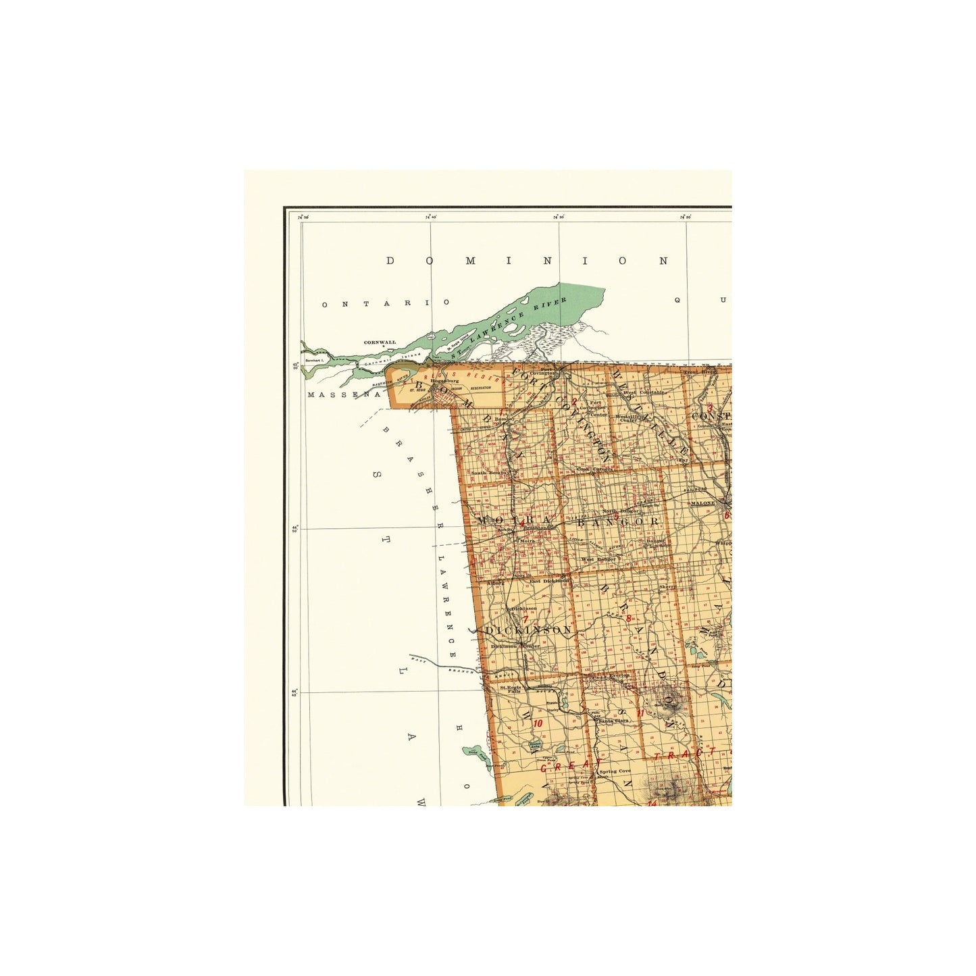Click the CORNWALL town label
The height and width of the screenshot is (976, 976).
[380, 342]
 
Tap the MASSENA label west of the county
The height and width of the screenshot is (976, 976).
[344, 394]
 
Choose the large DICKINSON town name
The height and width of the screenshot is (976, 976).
[528, 630]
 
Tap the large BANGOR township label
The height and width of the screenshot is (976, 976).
[617, 521]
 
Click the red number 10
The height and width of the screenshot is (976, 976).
[538, 723]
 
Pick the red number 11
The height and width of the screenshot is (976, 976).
[640, 713]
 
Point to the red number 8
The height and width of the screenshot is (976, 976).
[628, 618]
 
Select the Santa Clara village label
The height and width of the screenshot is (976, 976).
[613, 720]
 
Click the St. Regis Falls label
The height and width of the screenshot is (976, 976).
[511, 689]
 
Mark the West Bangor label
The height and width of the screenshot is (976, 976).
[598, 559]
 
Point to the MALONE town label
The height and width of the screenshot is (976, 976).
[702, 503]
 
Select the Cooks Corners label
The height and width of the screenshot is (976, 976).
[594, 469]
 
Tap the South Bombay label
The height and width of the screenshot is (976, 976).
[488, 473]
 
